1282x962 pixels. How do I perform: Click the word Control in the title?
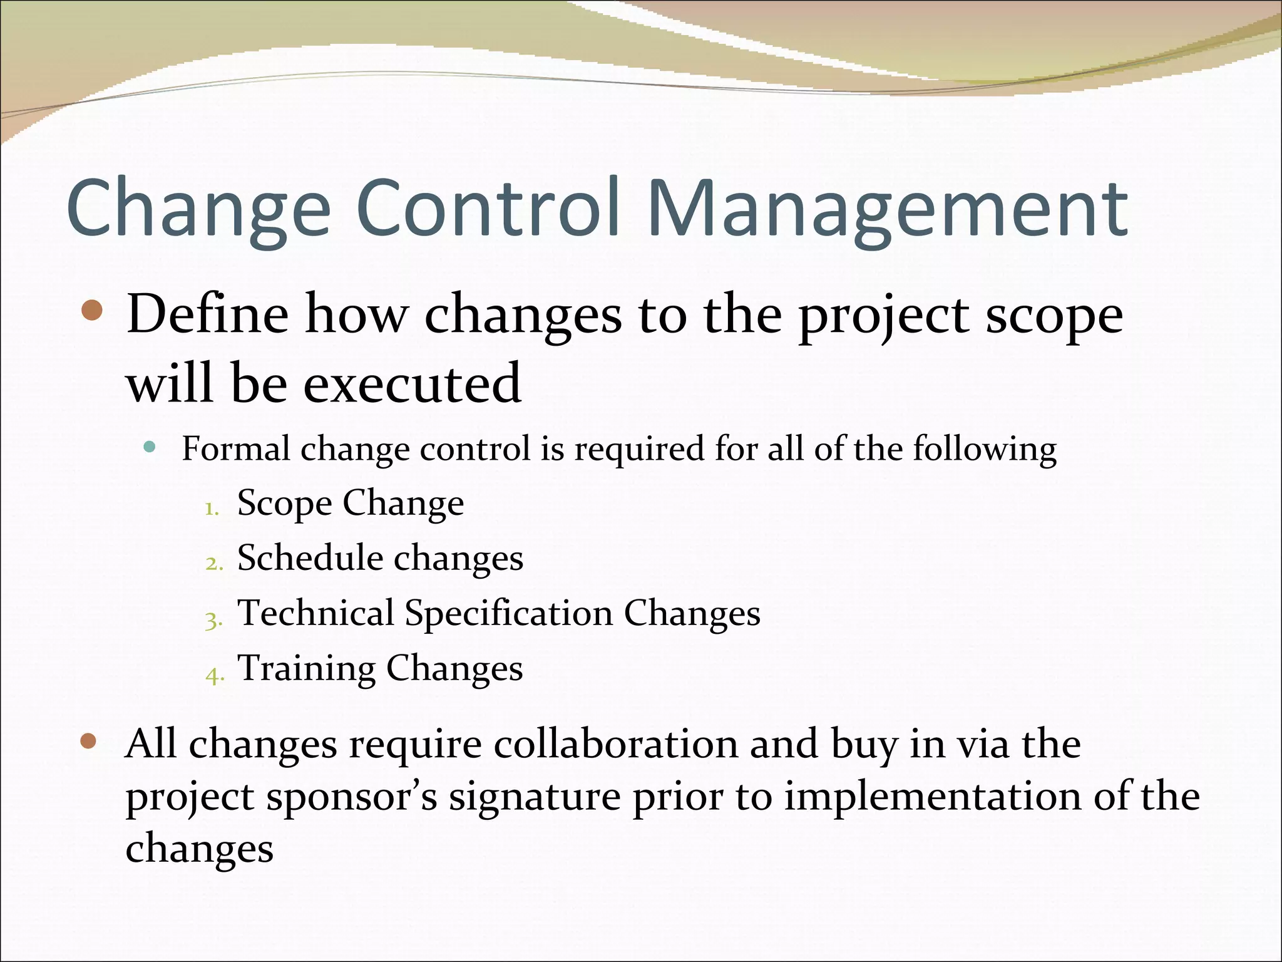tap(488, 207)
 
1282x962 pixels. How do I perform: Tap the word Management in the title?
tap(888, 207)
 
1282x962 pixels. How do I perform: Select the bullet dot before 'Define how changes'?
tap(92, 310)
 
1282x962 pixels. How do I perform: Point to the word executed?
tap(412, 383)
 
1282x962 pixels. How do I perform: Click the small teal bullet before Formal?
tap(149, 447)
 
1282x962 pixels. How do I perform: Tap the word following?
tap(984, 449)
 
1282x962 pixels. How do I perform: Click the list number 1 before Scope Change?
tap(212, 509)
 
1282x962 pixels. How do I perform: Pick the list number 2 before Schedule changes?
tap(213, 564)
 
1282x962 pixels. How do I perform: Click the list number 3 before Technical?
tap(213, 620)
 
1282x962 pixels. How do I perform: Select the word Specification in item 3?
tap(508, 613)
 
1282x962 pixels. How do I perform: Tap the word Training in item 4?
tap(307, 668)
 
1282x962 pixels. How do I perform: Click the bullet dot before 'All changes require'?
tap(89, 742)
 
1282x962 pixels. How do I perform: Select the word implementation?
tap(933, 797)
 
